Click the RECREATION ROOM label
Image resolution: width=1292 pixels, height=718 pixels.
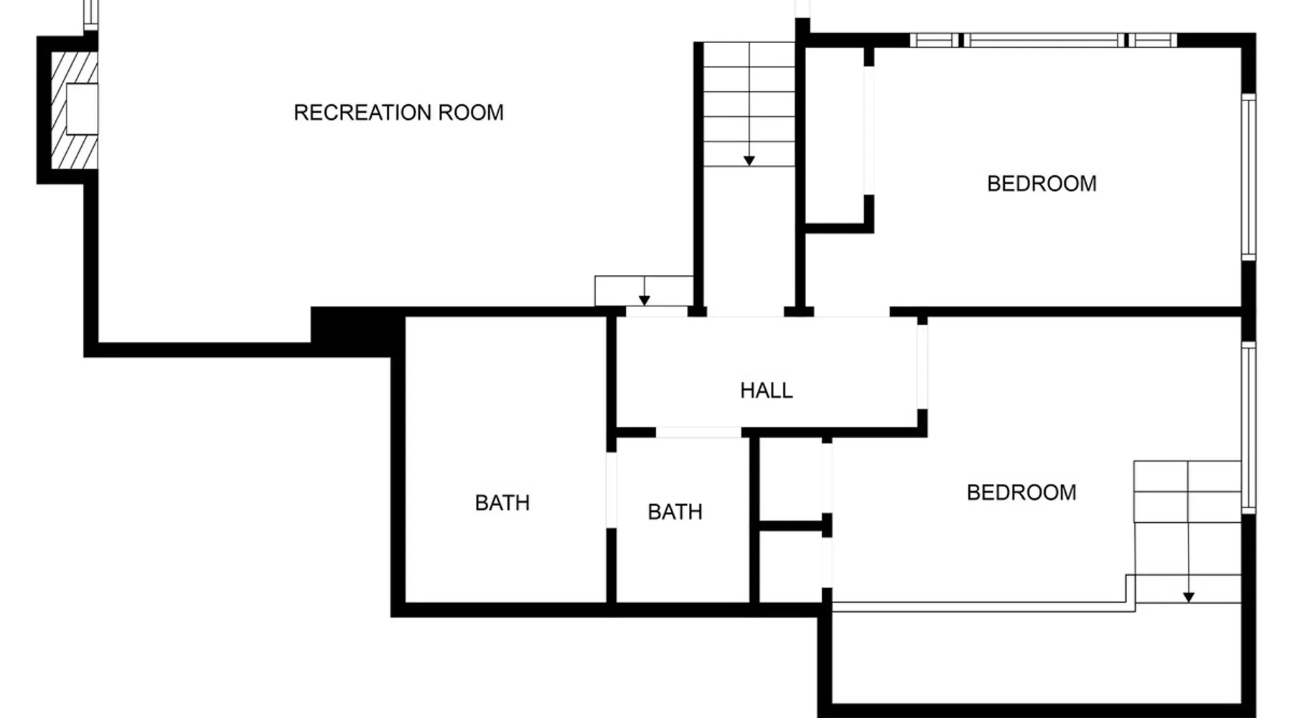(398, 113)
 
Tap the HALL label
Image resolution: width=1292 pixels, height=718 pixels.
(767, 391)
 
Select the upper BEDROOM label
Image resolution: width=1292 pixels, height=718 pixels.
(1041, 184)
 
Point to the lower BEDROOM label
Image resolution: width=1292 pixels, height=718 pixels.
(1021, 493)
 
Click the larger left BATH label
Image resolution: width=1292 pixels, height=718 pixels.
(502, 503)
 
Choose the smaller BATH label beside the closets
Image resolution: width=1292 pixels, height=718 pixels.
(675, 512)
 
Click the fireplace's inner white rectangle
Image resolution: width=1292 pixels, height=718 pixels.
(82, 109)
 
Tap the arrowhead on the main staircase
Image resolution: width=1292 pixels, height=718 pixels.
(749, 161)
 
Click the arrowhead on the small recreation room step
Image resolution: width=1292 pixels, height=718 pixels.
(645, 301)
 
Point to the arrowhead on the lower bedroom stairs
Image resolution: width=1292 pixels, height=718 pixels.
(1189, 597)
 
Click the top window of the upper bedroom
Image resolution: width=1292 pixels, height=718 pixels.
(1044, 40)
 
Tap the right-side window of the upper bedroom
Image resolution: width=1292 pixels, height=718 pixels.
(1249, 177)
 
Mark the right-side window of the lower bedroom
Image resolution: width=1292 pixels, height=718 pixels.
(1249, 427)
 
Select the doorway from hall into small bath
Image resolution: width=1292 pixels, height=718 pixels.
(698, 432)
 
